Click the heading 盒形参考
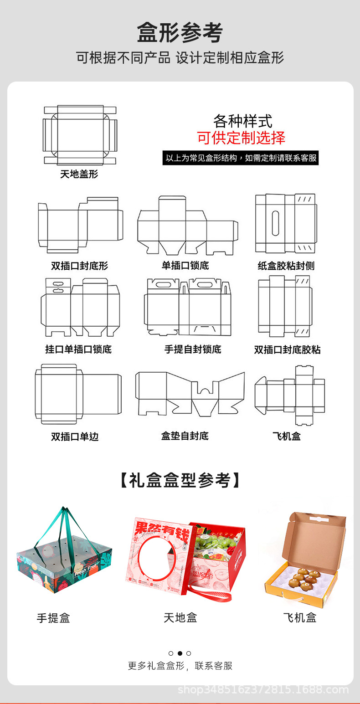(180, 33)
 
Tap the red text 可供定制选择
(241, 138)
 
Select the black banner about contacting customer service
(241, 158)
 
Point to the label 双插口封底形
(79, 266)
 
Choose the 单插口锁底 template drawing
(187, 226)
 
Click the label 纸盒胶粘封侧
(286, 266)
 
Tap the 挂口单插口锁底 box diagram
(80, 307)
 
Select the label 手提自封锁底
(193, 349)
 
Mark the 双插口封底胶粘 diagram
(286, 306)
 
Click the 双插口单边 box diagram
(78, 394)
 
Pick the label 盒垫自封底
(185, 436)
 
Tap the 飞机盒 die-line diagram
(289, 395)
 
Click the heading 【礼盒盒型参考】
(180, 480)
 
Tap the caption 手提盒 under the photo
(53, 618)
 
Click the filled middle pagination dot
(180, 653)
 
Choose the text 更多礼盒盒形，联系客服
(180, 666)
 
